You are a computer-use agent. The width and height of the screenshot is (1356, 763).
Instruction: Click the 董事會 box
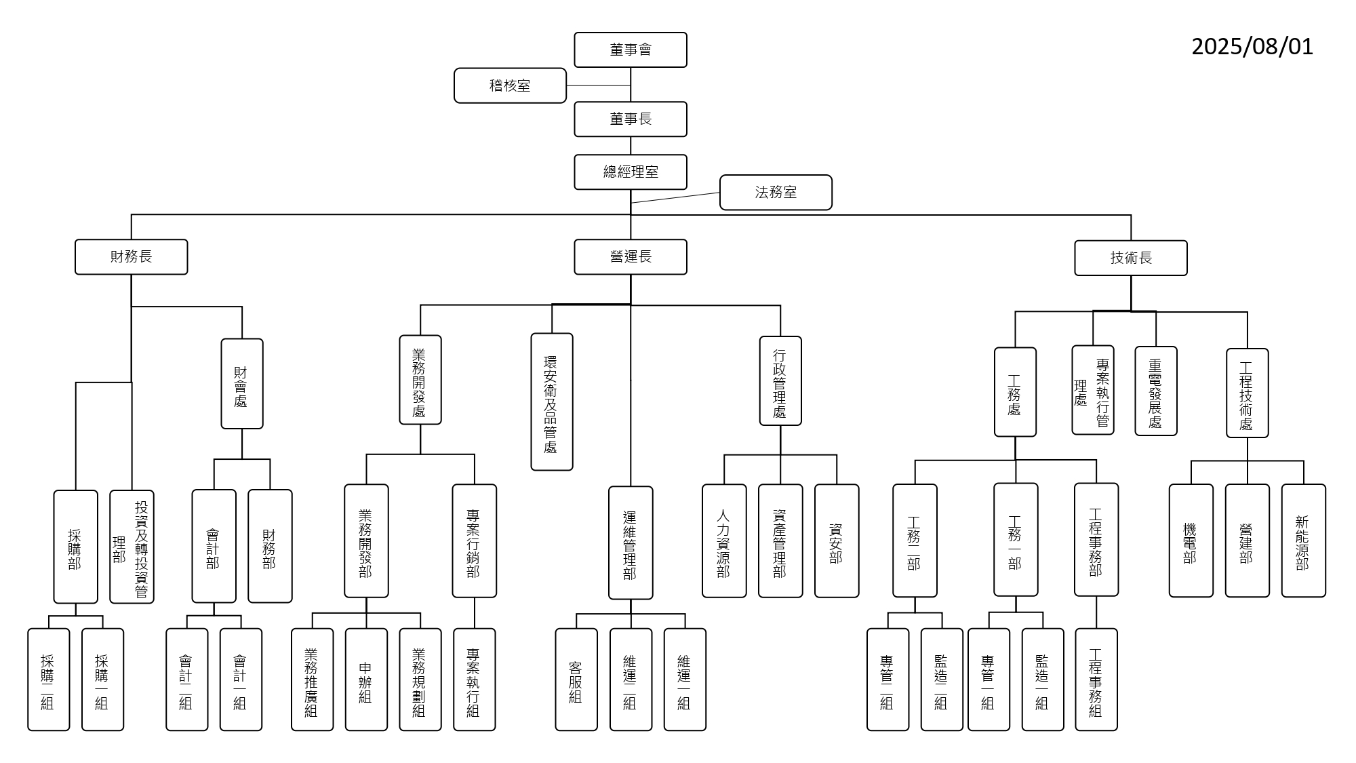tap(630, 50)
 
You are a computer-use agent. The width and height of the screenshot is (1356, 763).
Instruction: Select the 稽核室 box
tap(510, 85)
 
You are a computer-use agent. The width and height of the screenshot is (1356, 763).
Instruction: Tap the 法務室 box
tap(776, 193)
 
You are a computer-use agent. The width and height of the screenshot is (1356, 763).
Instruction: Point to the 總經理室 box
tap(630, 172)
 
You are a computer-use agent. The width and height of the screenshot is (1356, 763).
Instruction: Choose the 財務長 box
tap(131, 257)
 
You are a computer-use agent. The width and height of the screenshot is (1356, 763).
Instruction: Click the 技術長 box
tap(1130, 258)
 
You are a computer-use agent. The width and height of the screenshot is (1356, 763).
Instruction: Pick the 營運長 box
tap(630, 257)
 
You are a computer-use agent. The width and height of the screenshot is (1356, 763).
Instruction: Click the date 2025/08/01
tap(1252, 47)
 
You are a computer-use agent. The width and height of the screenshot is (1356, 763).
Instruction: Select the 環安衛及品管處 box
tap(551, 402)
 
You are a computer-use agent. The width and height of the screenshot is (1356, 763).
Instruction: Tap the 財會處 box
tap(241, 384)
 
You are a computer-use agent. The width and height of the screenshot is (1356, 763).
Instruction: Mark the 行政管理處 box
tap(780, 380)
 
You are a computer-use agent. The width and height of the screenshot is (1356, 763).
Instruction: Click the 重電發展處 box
tap(1155, 391)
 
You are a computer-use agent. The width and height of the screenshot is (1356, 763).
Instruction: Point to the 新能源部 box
tap(1302, 541)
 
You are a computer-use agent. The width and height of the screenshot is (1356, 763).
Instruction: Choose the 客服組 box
tap(576, 680)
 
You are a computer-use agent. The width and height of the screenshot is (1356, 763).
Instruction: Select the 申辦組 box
tap(365, 680)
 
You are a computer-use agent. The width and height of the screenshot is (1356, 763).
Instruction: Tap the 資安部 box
tap(836, 541)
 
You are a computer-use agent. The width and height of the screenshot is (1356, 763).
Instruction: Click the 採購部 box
tap(75, 547)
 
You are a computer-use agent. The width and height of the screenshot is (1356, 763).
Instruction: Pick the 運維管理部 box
tap(630, 543)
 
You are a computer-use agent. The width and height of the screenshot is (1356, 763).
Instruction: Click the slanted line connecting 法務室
tap(675, 197)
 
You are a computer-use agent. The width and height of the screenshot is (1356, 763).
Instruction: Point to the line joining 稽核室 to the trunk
tap(598, 86)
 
